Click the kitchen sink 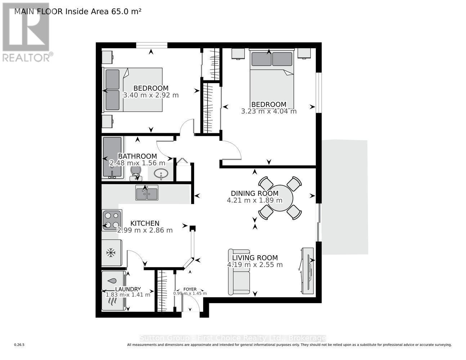[x=147, y=193]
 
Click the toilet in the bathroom [x=135, y=172]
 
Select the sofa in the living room [x=239, y=272]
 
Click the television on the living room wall [x=307, y=270]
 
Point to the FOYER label [x=190, y=289]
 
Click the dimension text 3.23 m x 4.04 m [x=269, y=112]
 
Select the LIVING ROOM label [x=255, y=258]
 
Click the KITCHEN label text [x=145, y=223]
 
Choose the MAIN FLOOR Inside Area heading [x=77, y=11]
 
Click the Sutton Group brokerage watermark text [x=233, y=338]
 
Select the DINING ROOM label [x=254, y=193]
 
